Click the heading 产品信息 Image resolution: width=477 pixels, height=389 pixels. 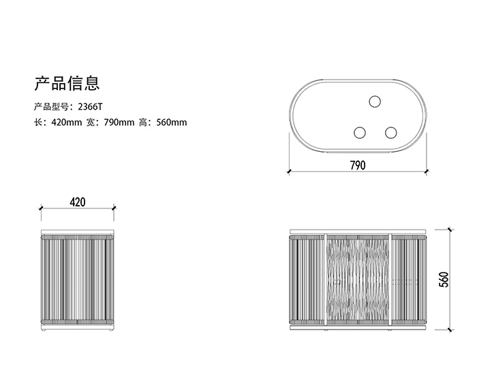coord(67,83)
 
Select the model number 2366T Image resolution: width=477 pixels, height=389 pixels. coord(90,107)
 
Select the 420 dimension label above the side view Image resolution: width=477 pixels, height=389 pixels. coord(78,202)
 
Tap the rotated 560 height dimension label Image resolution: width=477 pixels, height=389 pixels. coord(444,279)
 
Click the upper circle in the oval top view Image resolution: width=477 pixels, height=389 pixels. coord(374,102)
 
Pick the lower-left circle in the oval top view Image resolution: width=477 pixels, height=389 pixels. coord(359,133)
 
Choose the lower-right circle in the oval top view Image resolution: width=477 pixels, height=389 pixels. coord(390,133)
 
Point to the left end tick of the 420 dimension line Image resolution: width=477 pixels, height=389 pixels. coord(42,208)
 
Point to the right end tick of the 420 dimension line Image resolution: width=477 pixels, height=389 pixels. coord(112,208)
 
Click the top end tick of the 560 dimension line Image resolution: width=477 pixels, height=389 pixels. coord(450,230)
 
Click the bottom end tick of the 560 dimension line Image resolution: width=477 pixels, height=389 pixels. coord(450,330)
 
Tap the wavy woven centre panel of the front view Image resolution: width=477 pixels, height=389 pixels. coord(358,279)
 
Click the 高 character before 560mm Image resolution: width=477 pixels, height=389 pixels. coord(142,123)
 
